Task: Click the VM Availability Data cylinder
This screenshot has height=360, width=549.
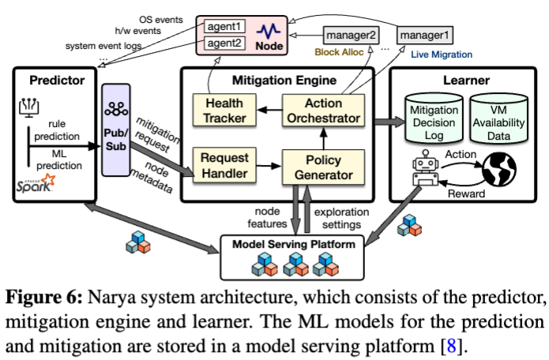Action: [499, 118]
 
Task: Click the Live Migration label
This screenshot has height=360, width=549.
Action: [442, 54]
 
